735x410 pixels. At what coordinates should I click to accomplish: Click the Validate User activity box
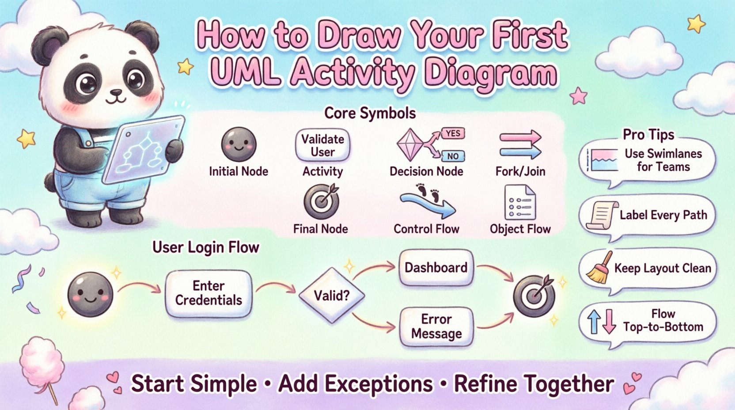[322, 145]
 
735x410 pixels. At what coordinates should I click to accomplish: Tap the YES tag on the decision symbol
[452, 133]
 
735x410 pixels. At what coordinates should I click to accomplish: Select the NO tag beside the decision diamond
[452, 156]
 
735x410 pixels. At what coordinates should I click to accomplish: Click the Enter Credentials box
[208, 293]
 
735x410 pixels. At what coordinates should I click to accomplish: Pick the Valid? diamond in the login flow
[331, 295]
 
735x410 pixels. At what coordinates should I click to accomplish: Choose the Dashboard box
[436, 268]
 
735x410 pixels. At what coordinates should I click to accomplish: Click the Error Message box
[436, 326]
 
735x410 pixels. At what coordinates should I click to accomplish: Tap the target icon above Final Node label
[321, 201]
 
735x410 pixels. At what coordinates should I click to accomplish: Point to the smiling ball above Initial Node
[239, 144]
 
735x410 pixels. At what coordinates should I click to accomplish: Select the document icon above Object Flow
[519, 203]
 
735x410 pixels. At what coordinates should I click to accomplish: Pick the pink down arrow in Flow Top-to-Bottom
[609, 321]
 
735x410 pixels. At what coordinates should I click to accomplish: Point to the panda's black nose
[116, 93]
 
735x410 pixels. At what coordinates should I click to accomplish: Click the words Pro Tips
[648, 134]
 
